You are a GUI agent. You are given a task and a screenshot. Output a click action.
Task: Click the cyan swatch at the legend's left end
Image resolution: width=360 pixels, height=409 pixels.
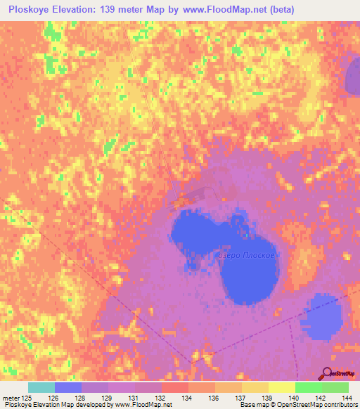pyautogui.click(x=41, y=387)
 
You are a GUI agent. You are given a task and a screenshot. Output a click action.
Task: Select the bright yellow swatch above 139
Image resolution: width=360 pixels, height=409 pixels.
pyautogui.click(x=282, y=387)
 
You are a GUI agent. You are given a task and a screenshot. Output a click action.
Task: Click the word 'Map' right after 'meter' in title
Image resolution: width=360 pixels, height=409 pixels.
pyautogui.click(x=155, y=10)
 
